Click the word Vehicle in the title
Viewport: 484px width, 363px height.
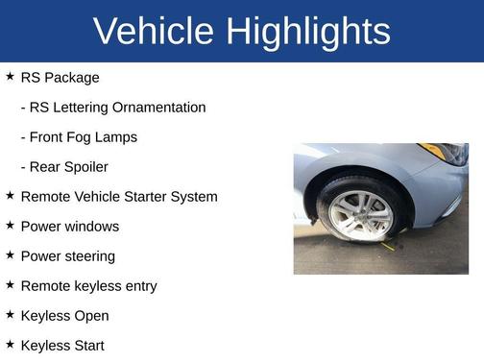(154, 32)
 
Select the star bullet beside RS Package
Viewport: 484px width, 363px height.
(10, 76)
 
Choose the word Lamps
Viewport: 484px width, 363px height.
(119, 137)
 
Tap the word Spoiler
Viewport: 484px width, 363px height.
(85, 167)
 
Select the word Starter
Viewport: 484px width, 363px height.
(151, 197)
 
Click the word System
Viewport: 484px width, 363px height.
(198, 197)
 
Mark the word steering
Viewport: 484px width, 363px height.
(88, 256)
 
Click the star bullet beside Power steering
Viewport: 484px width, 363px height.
(10, 254)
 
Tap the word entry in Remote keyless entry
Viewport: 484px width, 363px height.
(138, 286)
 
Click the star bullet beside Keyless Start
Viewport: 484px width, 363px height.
(10, 344)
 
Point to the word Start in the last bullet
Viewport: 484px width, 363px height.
(86, 346)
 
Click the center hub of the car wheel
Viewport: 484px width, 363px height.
(361, 214)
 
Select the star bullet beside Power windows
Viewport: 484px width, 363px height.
(10, 225)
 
